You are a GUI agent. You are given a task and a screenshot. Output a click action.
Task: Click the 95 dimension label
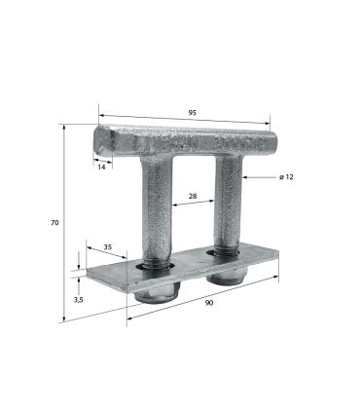tap(193, 113)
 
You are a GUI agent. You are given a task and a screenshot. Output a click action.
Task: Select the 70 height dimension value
tap(54, 223)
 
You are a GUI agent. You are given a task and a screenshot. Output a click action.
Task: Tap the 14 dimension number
tap(101, 168)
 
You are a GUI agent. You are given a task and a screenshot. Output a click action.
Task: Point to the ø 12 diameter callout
tap(286, 177)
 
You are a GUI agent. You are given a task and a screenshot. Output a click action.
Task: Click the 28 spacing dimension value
tap(193, 196)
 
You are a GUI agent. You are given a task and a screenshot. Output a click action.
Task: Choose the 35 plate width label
tap(108, 246)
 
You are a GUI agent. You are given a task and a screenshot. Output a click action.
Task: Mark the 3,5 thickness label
tap(79, 300)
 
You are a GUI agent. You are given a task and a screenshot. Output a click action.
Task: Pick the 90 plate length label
tap(209, 303)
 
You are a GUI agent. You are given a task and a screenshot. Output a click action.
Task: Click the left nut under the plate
tap(158, 293)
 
